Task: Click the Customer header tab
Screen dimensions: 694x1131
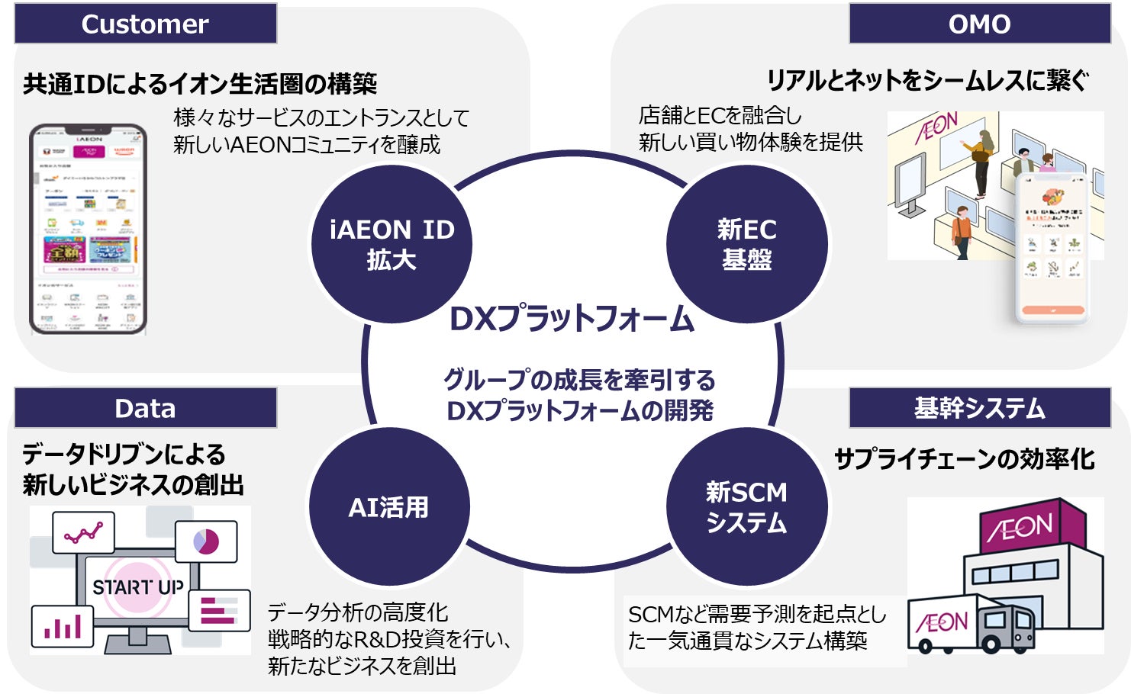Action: (145, 24)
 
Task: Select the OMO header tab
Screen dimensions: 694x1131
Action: (979, 24)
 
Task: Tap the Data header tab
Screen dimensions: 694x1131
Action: (145, 408)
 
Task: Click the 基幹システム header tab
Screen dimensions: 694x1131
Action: (979, 408)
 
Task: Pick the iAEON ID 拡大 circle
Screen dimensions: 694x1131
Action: (391, 244)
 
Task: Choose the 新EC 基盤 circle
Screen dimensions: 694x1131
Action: (746, 244)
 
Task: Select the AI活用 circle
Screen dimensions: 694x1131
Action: (388, 507)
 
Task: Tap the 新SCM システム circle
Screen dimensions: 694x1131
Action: (746, 507)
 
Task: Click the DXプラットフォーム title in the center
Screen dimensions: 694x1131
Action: (572, 319)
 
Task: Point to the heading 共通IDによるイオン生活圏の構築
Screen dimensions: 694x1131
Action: (200, 83)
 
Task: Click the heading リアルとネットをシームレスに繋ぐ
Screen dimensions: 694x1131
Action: (927, 80)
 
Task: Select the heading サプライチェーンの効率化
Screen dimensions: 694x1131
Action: (964, 459)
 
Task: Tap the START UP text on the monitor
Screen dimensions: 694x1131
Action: (138, 587)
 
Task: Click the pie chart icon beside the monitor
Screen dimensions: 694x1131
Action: (206, 541)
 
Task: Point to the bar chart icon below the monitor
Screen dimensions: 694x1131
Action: (63, 627)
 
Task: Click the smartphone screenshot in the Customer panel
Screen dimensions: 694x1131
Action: (88, 229)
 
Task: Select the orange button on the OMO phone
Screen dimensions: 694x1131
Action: (1053, 310)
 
